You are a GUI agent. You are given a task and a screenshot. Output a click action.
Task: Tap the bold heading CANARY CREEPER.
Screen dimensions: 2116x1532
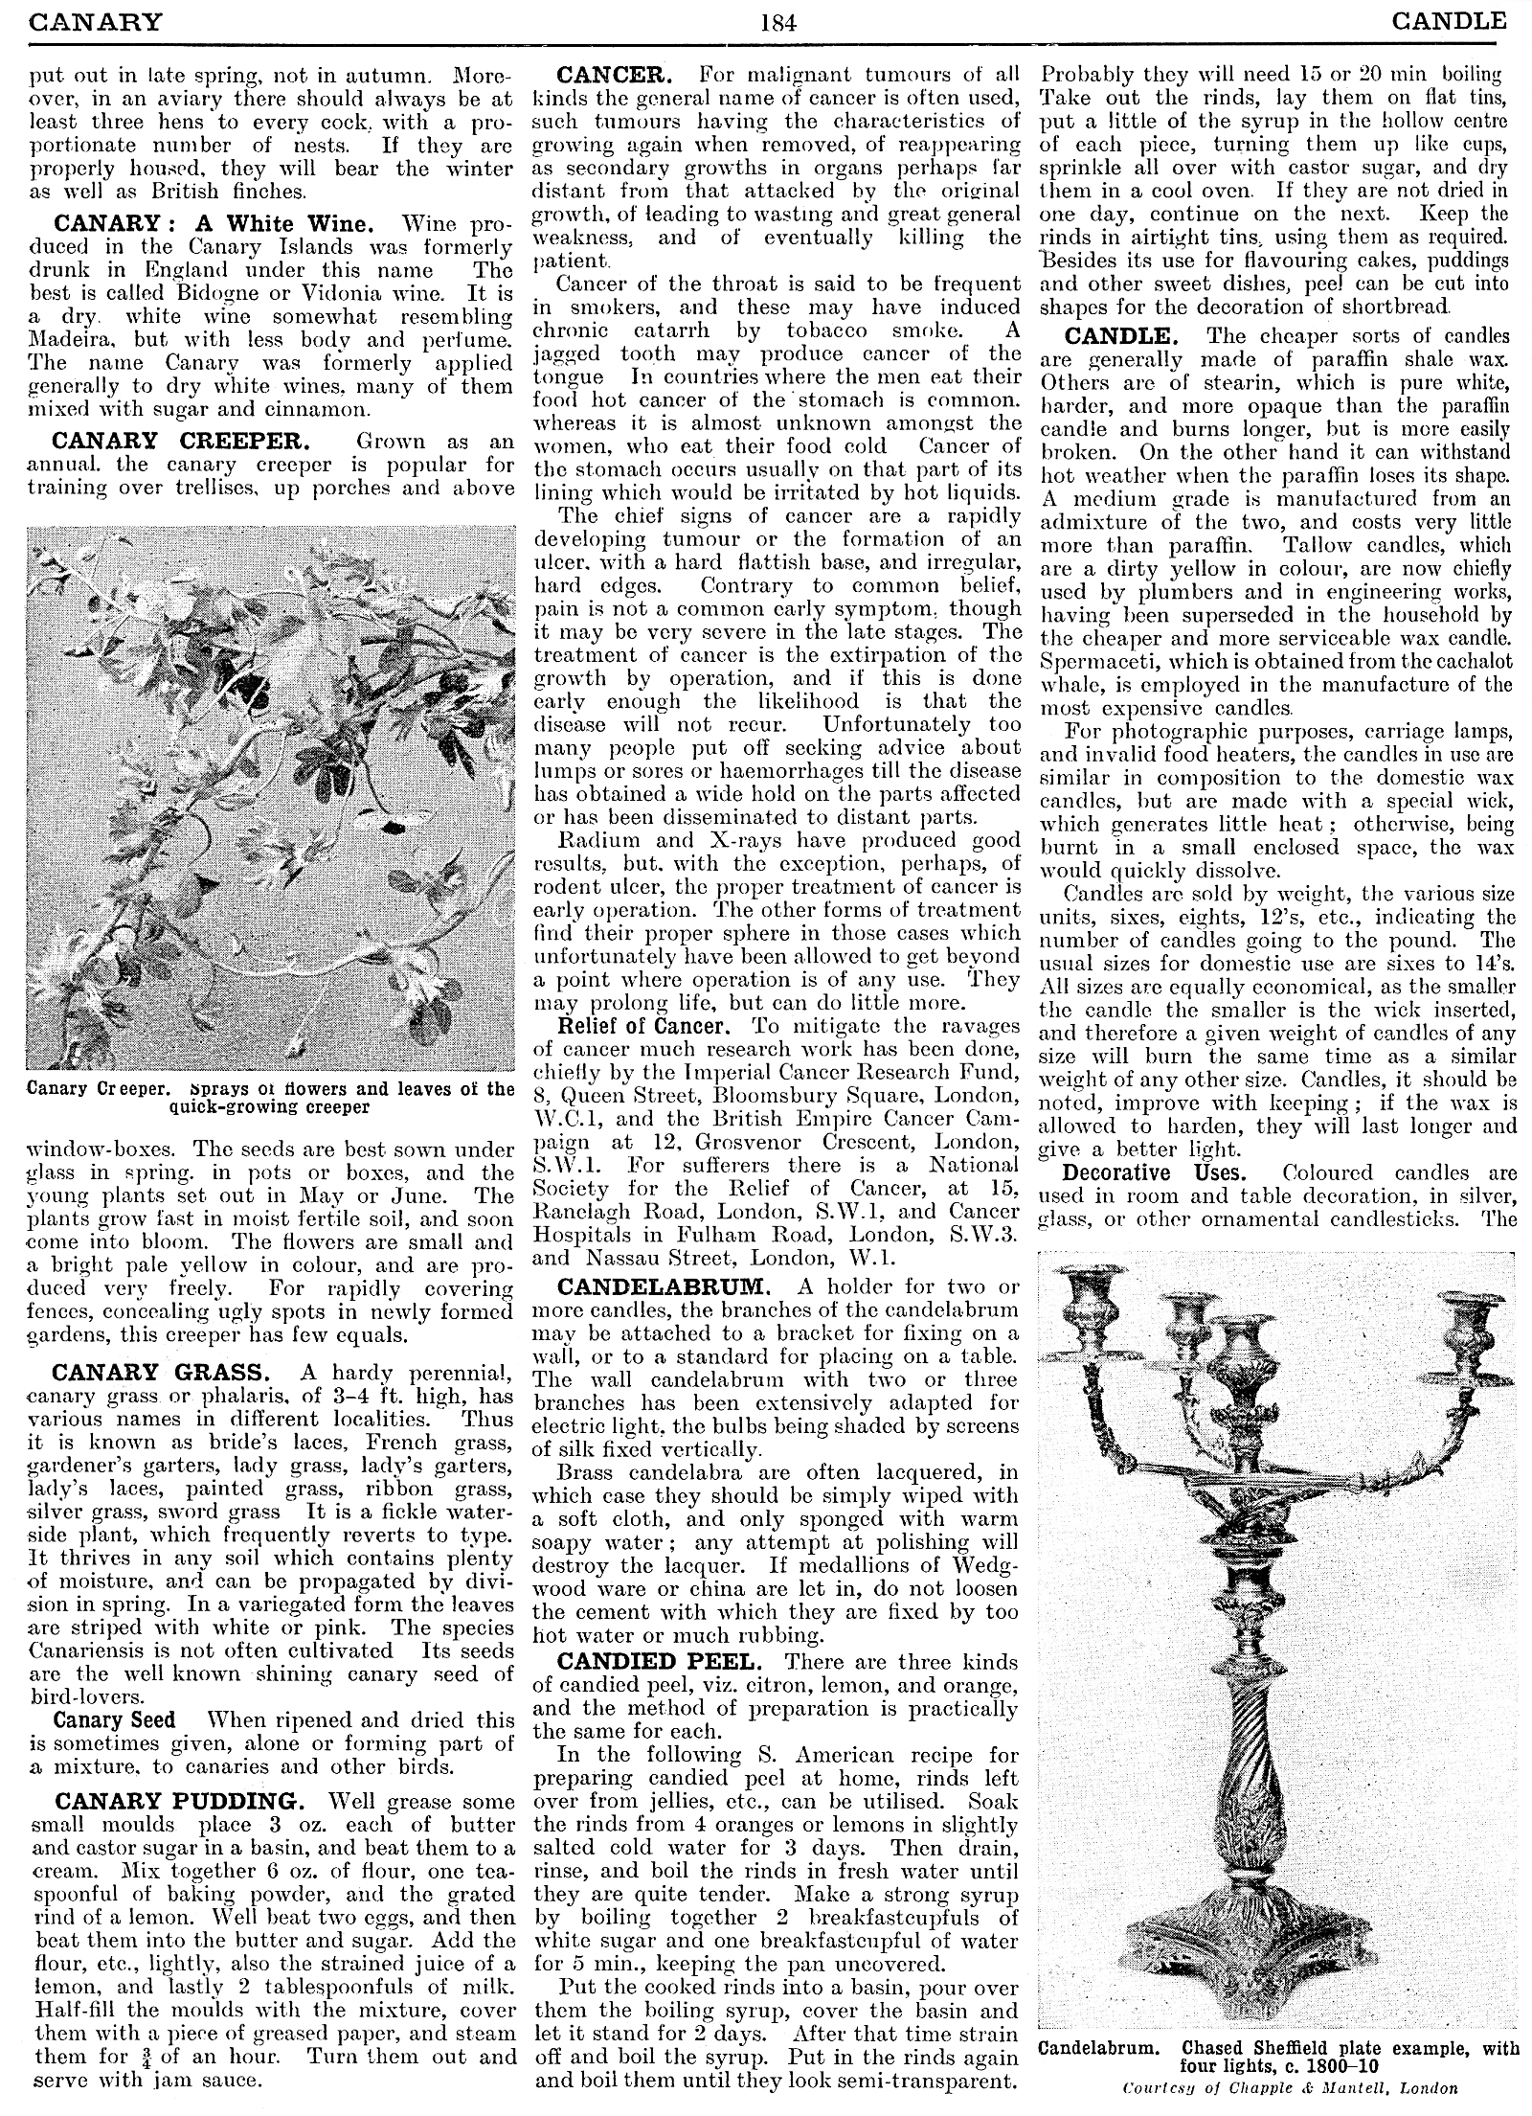click(181, 442)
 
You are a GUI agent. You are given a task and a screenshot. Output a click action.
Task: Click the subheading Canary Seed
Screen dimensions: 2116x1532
click(114, 1719)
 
